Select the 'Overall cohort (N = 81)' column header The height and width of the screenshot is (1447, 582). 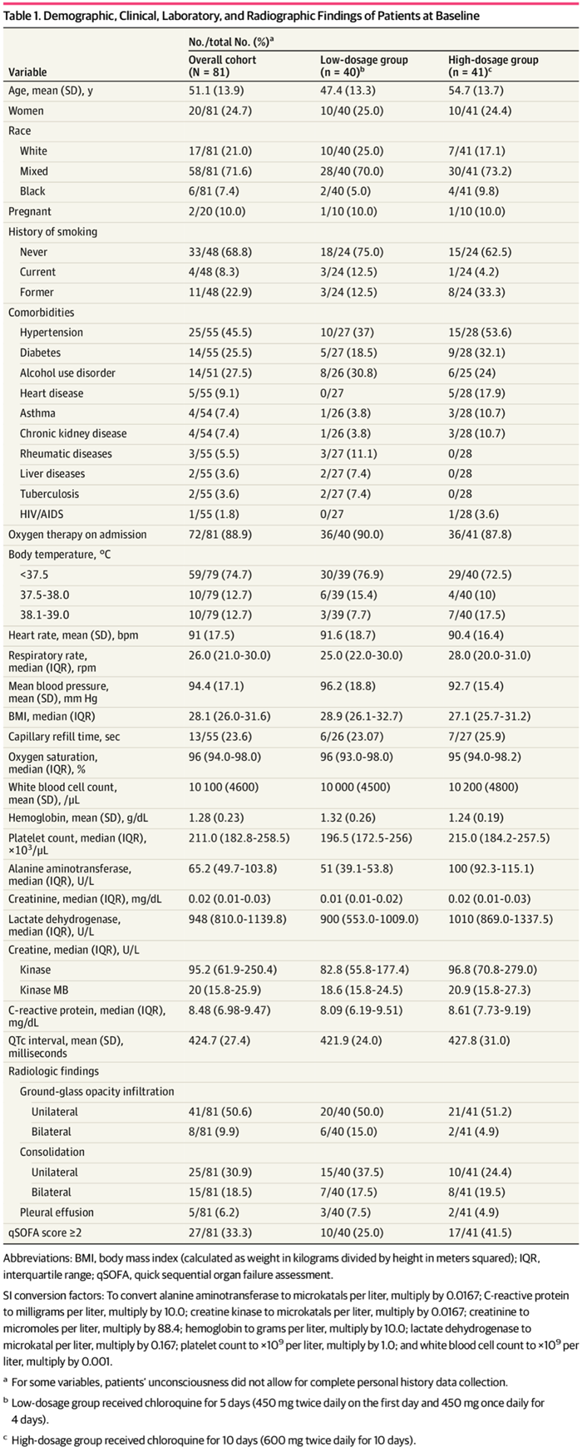[x=222, y=66]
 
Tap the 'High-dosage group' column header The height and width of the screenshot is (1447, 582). [x=493, y=60]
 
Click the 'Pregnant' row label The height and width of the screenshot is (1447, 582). [x=30, y=211]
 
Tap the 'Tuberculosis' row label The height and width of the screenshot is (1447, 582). [x=50, y=494]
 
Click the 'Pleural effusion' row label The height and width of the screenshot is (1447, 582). [x=57, y=1212]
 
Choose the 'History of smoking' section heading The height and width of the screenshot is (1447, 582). [x=52, y=232]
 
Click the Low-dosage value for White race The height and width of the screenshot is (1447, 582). [x=352, y=151]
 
